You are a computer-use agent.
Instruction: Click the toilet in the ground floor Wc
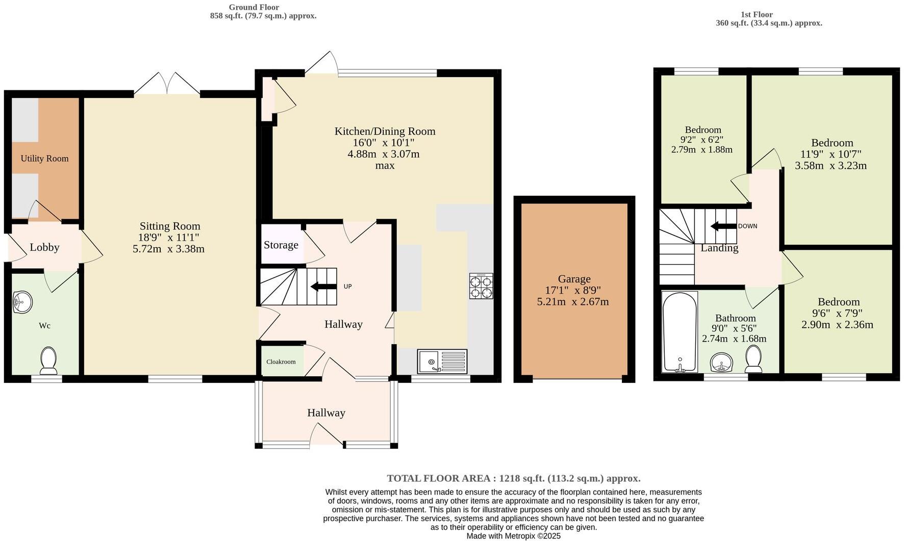(x=48, y=360)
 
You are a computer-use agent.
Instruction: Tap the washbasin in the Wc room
(x=22, y=302)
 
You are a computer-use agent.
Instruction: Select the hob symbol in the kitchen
(x=481, y=286)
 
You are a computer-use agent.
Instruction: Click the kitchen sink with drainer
(x=442, y=361)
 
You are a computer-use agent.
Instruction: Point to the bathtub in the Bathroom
(x=680, y=331)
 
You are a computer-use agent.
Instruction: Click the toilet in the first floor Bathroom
(x=753, y=359)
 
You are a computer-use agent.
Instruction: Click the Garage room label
(x=574, y=279)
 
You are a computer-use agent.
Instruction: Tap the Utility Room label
(x=44, y=159)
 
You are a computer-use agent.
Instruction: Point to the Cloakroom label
(x=281, y=362)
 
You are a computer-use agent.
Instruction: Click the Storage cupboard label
(x=281, y=245)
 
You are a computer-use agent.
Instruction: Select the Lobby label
(x=44, y=247)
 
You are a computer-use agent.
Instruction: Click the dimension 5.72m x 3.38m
(x=168, y=249)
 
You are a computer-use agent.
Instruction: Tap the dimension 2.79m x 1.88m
(x=701, y=149)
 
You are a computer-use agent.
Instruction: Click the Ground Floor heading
(x=254, y=7)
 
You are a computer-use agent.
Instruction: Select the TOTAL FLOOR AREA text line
(x=513, y=478)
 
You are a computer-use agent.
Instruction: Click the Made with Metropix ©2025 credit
(x=513, y=536)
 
